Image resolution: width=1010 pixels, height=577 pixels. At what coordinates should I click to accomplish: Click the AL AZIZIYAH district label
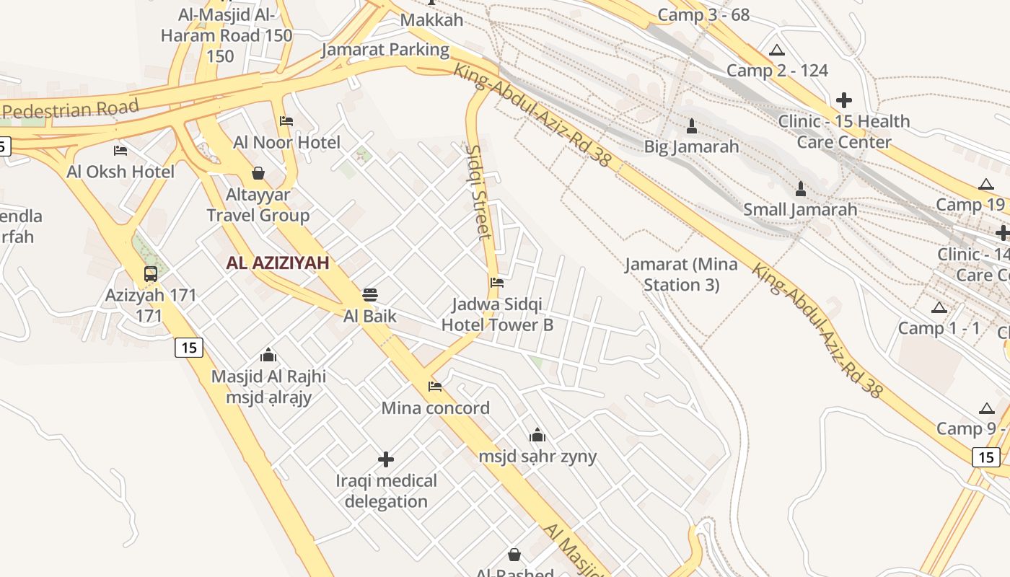[278, 263]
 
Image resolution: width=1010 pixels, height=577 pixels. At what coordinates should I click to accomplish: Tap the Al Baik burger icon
[370, 295]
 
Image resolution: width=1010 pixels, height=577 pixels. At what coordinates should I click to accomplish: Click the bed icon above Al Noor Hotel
[286, 121]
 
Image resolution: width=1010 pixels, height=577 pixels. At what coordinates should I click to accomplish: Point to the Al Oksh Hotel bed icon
[120, 151]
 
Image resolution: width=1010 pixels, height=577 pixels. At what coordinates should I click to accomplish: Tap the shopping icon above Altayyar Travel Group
[258, 173]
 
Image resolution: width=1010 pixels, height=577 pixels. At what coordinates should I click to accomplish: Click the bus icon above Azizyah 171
[150, 274]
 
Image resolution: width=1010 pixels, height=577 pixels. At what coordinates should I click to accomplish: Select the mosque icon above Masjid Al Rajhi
[268, 355]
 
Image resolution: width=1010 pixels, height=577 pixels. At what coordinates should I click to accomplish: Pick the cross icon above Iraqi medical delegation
[386, 459]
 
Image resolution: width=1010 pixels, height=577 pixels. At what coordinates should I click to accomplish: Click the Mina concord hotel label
[436, 408]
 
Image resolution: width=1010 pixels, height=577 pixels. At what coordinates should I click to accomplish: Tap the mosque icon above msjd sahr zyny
[537, 435]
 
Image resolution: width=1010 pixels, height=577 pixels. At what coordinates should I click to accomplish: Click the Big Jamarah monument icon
[692, 126]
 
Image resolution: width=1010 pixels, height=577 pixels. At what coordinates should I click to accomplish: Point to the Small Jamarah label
[800, 210]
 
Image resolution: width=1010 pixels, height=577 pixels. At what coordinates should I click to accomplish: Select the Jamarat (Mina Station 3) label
[681, 275]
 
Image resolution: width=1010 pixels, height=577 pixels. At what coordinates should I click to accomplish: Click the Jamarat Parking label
[385, 50]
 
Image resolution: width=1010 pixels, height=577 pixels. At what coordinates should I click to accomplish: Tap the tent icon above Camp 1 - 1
[939, 308]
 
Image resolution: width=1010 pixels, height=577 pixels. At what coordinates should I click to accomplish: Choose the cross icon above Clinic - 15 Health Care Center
[844, 100]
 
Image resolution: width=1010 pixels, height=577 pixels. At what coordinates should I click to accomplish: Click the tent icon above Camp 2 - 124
[776, 50]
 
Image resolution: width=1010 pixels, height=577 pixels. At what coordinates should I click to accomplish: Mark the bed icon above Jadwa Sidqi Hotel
[496, 282]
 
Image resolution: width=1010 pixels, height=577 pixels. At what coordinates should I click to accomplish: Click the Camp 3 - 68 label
[703, 14]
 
